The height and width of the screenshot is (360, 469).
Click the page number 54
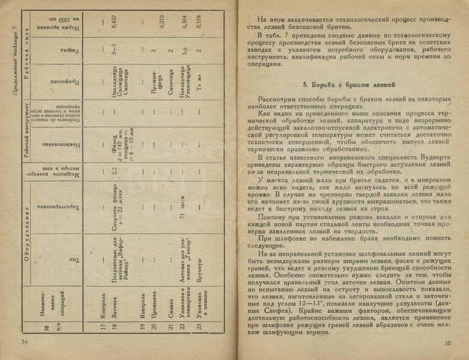[25, 342]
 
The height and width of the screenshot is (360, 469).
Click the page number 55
[447, 343]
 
